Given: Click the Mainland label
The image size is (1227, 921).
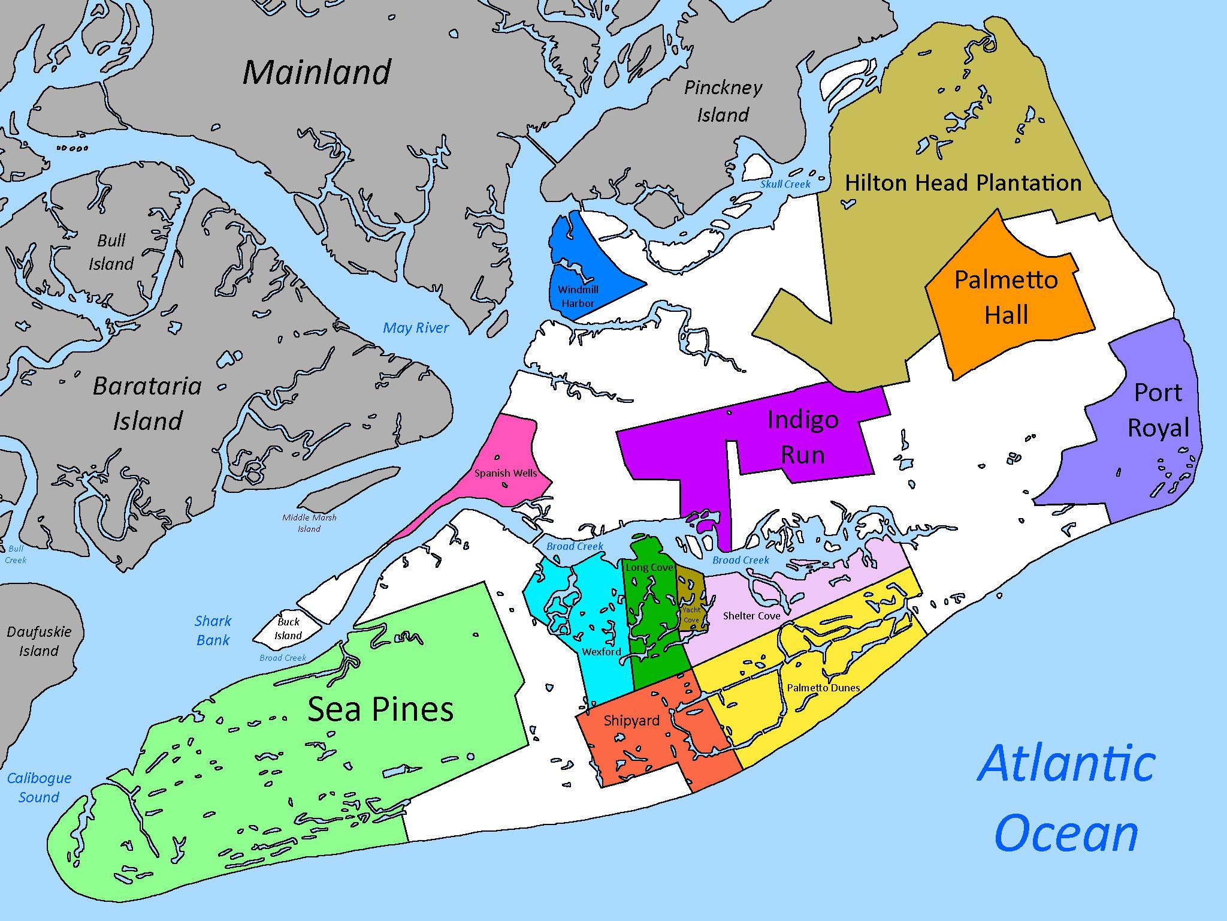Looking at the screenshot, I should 317,73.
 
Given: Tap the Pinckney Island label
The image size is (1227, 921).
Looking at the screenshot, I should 723,101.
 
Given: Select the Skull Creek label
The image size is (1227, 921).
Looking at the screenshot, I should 785,184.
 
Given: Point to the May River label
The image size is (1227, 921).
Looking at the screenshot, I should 416,328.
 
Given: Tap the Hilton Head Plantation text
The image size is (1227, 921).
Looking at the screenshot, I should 963,183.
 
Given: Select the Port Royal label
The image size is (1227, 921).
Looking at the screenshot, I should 1158,410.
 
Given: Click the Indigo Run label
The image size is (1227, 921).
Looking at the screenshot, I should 803,437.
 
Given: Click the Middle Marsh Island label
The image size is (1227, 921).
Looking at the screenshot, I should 309,523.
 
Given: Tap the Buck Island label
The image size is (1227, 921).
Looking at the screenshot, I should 288,628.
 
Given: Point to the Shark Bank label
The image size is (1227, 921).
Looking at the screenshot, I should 213,630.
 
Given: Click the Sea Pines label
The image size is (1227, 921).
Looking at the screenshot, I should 380,709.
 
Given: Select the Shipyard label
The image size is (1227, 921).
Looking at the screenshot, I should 631,721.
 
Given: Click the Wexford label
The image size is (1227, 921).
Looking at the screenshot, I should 602,652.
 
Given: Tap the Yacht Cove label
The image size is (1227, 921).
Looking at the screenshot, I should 691,615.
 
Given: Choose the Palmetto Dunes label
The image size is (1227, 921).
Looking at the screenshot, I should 823,688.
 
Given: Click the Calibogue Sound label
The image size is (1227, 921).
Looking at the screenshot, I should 39,787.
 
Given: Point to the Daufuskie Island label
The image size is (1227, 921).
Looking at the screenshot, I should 39,641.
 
